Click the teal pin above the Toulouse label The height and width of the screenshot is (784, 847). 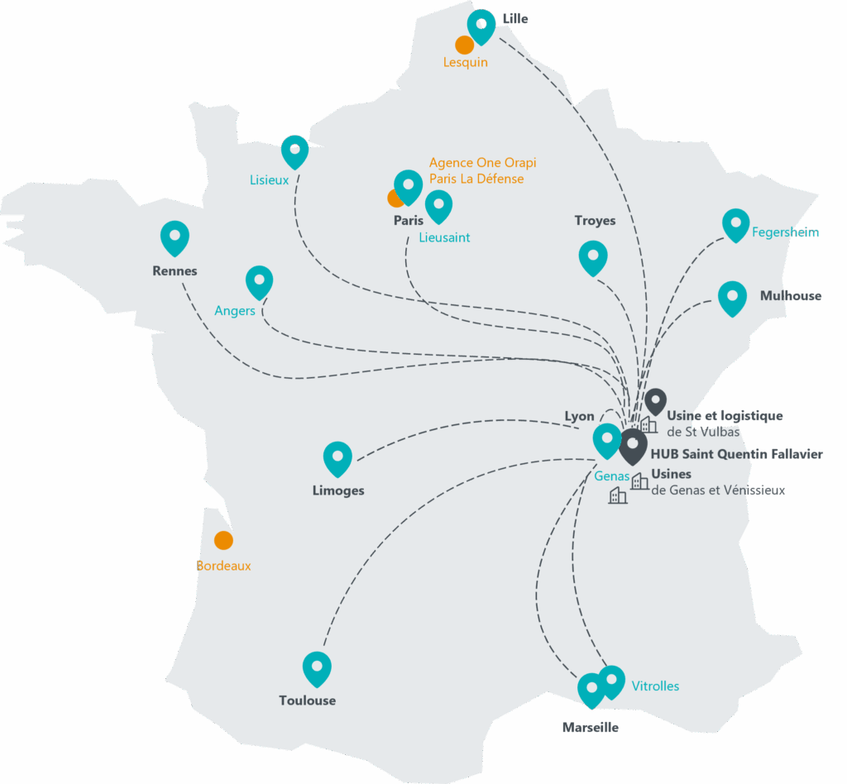pos(317,667)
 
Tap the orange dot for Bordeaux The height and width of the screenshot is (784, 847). pos(223,540)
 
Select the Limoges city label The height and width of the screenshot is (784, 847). pos(338,490)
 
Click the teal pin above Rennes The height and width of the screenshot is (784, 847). pos(175,237)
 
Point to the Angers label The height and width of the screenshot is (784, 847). pos(235,311)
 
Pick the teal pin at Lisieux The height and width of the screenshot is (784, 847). pos(295,151)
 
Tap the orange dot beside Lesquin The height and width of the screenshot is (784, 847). pos(464,45)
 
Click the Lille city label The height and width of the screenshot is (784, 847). pos(515,19)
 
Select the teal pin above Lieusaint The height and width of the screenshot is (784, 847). pos(438,205)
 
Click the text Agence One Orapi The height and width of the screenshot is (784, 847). pos(483,163)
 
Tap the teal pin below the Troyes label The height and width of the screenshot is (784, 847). pos(593,256)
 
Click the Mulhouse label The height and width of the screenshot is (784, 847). pos(792,296)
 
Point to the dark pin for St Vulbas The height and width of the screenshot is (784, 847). pos(655,401)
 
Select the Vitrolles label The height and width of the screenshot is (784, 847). pos(655,686)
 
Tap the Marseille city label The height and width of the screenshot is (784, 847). pos(590,728)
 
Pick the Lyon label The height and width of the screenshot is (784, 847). pos(580,416)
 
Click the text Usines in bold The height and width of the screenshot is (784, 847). pos(671,474)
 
